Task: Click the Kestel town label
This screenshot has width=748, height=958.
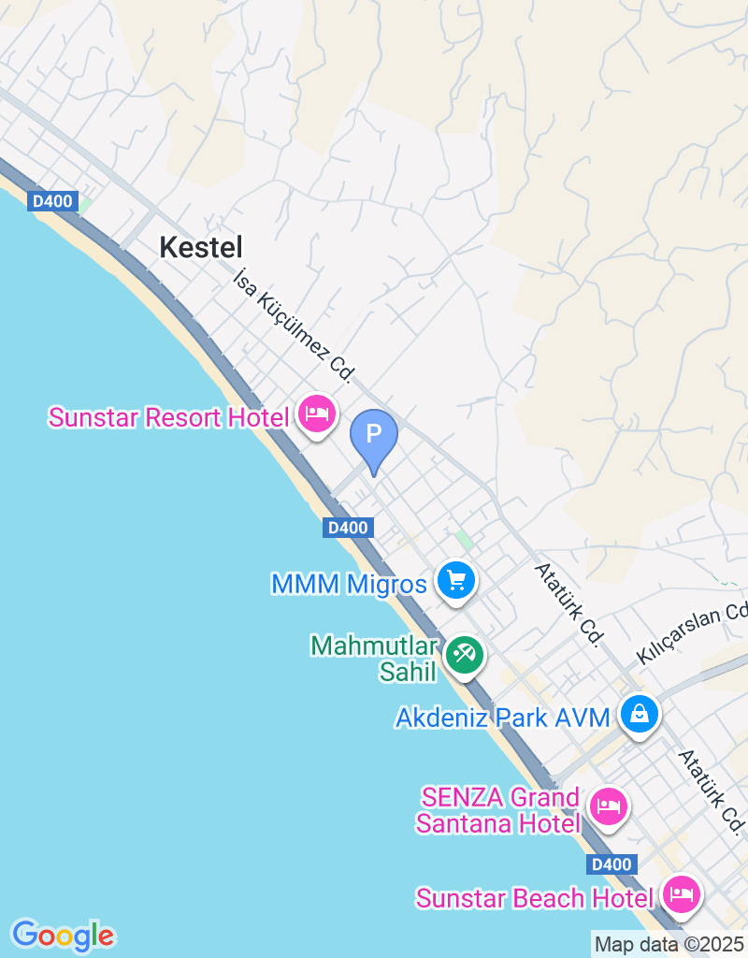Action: click(201, 247)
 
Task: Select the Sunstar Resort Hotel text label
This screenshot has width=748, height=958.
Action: click(168, 417)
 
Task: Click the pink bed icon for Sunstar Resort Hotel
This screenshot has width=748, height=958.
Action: click(317, 413)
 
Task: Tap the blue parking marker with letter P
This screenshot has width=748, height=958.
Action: click(374, 436)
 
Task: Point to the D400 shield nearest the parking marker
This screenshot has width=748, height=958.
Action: click(348, 528)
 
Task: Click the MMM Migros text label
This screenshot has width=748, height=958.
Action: click(349, 585)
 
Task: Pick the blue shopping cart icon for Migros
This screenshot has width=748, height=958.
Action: click(456, 581)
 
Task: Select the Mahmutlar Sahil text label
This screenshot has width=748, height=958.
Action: click(375, 659)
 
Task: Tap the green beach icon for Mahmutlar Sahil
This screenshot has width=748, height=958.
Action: click(464, 653)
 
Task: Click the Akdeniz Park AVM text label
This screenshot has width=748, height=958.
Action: click(502, 718)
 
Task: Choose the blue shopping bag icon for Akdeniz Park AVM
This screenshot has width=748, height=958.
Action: click(640, 715)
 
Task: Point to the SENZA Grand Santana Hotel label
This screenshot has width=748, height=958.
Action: click(498, 810)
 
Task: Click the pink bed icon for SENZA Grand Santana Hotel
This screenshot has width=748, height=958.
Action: click(609, 805)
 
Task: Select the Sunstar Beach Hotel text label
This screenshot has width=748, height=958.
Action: click(535, 898)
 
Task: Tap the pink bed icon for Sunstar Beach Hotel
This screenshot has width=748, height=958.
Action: click(682, 893)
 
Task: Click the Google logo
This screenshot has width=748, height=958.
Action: click(63, 935)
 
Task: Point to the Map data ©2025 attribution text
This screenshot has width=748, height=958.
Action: click(669, 944)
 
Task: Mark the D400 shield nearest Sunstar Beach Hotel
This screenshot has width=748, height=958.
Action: click(611, 864)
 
